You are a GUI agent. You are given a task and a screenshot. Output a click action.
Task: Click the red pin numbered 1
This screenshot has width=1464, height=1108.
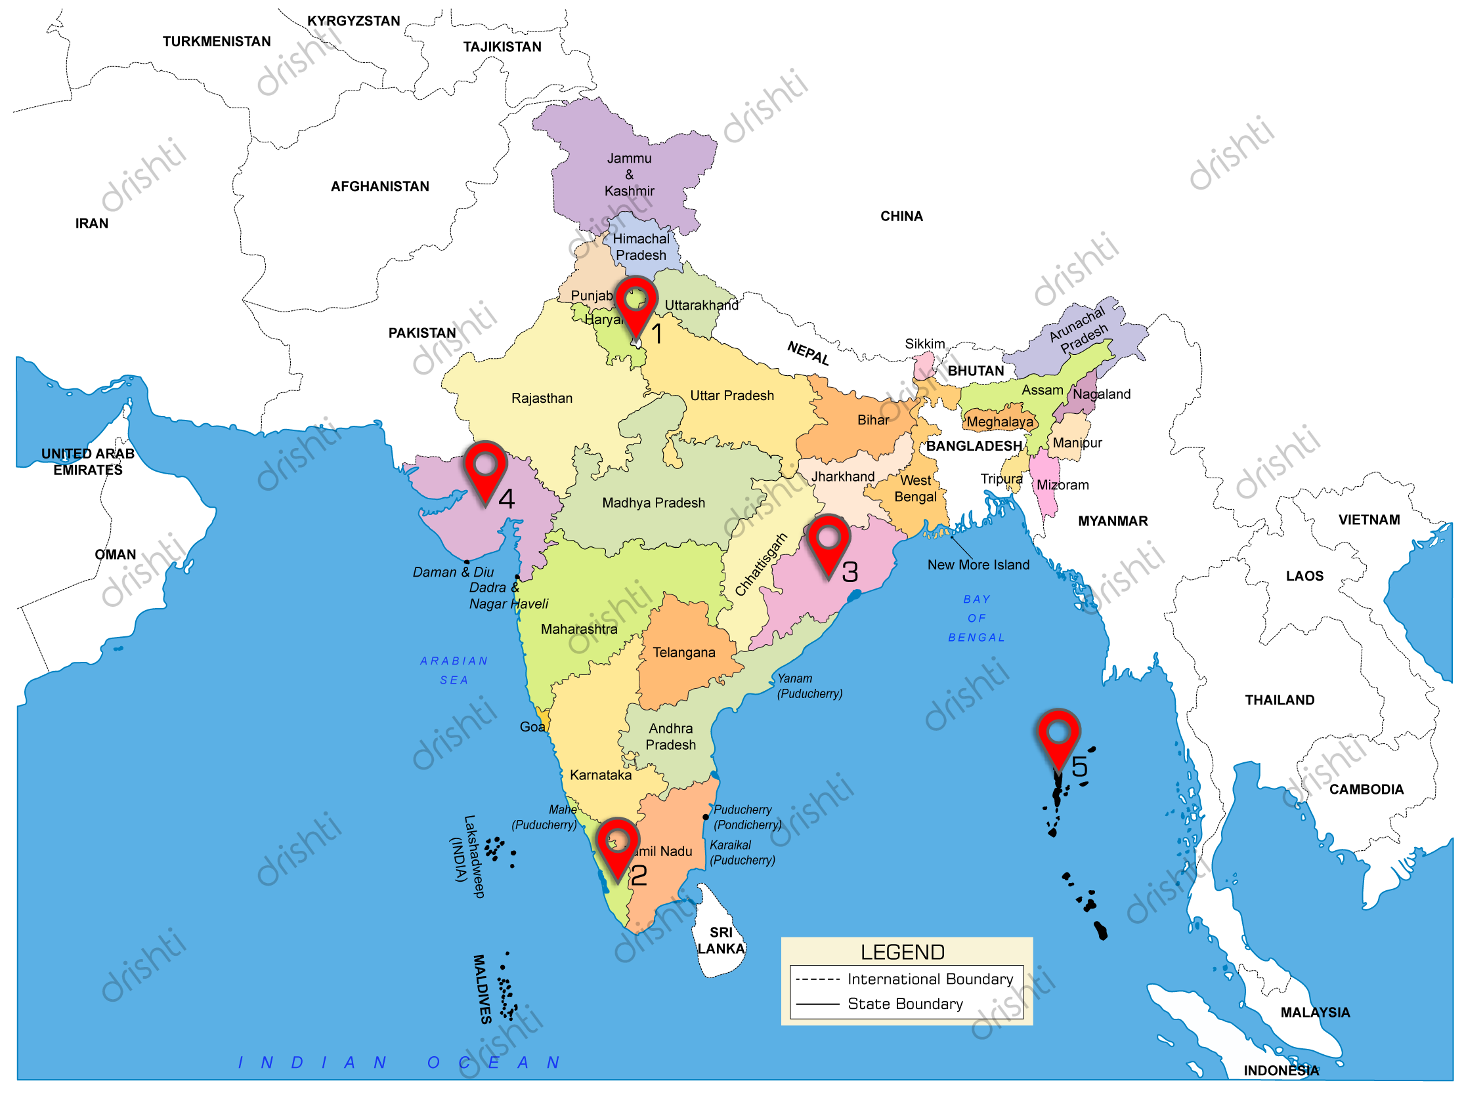[x=636, y=304]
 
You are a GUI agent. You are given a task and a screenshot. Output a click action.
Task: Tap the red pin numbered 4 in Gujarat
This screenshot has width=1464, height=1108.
[x=485, y=469]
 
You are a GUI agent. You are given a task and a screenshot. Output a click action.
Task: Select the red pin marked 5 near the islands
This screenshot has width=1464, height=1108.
[x=1058, y=737]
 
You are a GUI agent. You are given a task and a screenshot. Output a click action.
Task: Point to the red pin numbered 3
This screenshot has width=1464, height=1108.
[x=828, y=543]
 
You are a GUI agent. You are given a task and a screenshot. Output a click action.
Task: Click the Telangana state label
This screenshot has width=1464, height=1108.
[x=683, y=653]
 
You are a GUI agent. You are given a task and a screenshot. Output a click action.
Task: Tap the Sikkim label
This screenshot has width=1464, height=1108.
[x=924, y=344]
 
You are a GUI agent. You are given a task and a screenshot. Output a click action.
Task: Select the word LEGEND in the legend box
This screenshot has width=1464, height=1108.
[x=902, y=953]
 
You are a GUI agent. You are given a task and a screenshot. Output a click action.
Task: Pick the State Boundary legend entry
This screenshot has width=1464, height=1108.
[x=905, y=1004]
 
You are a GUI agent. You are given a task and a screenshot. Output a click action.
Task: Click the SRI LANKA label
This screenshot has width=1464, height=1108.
[x=721, y=941]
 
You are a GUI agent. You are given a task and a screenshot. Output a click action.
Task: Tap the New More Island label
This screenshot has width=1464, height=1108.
[x=978, y=565]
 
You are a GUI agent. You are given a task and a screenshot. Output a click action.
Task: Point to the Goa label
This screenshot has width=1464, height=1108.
[x=532, y=727]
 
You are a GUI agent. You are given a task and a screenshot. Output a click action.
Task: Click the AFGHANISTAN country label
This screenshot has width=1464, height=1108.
[x=380, y=186]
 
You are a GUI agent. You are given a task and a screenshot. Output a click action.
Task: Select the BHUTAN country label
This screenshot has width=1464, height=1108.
[x=976, y=371]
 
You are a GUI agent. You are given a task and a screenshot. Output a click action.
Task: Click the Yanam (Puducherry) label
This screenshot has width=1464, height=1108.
[x=809, y=686]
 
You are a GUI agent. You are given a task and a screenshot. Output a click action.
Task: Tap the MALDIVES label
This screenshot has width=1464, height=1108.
[x=482, y=989]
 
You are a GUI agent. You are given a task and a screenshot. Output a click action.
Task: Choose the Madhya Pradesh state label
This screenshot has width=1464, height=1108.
[x=653, y=503]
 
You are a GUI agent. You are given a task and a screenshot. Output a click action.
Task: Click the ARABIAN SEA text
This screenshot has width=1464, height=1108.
[x=454, y=670]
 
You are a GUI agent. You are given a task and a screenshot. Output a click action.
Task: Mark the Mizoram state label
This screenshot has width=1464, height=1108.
[x=1062, y=485]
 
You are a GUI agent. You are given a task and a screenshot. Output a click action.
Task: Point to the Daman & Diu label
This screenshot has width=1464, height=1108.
[x=453, y=572]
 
